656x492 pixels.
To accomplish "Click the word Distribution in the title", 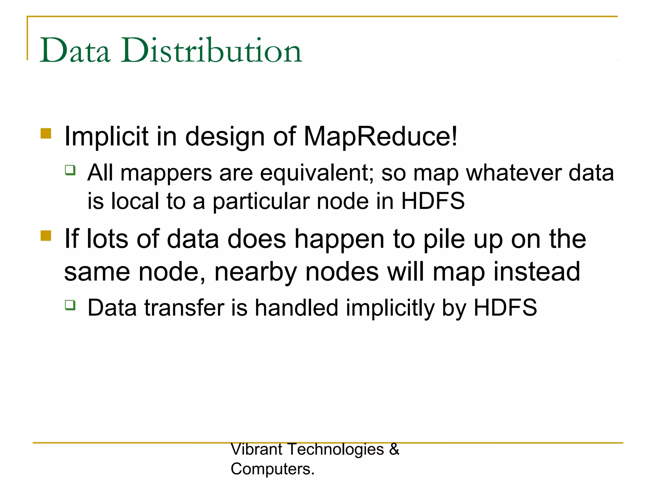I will coord(211,51).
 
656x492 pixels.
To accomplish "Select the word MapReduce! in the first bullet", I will coord(381,136).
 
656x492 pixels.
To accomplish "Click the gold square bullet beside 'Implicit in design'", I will coord(46,133).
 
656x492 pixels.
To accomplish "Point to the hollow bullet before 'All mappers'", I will coord(70,170).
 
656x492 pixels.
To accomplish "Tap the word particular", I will coord(261,202).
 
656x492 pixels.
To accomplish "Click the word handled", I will coord(296,308).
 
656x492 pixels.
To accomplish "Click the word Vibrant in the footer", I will coord(257,449).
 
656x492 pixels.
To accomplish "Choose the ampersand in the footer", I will coord(394,449).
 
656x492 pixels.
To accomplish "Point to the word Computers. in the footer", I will coord(273,469).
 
